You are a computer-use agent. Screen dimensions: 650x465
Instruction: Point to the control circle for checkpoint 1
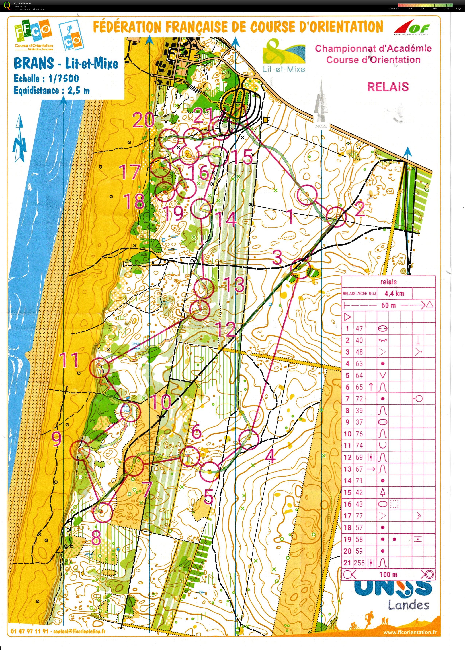[x=307, y=195]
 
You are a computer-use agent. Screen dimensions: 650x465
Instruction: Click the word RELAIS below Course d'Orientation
[x=388, y=87]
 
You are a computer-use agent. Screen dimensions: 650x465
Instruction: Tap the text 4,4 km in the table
[x=394, y=293]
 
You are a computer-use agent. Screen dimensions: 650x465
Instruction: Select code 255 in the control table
[x=359, y=563]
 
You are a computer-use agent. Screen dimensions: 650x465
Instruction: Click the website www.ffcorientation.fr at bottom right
[x=410, y=633]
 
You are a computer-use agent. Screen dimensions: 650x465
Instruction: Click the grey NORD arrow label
[x=322, y=126]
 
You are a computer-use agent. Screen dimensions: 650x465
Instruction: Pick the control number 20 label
[x=144, y=120]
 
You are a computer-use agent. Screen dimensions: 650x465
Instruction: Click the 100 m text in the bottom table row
[x=388, y=574]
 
